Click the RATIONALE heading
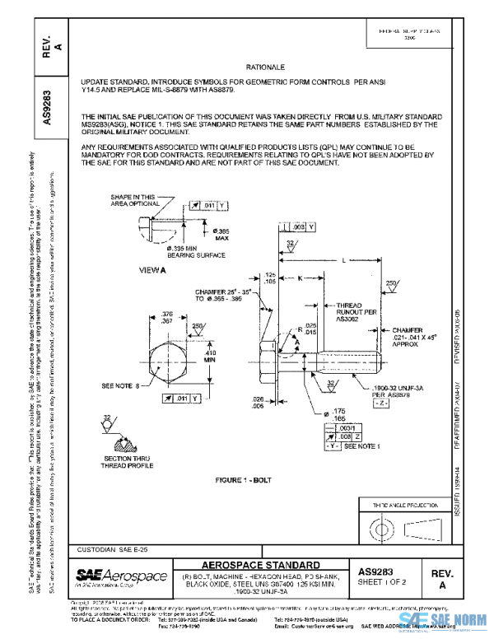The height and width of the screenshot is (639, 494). (x=264, y=65)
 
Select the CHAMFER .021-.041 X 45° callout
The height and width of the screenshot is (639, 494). (x=433, y=338)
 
